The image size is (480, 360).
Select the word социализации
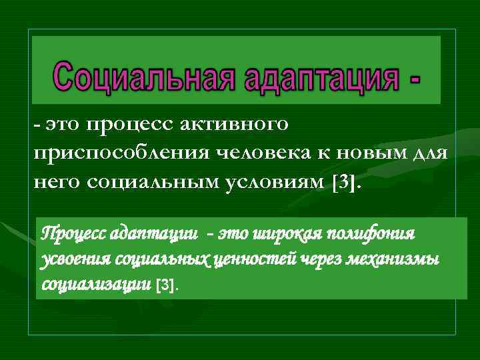tap(96, 284)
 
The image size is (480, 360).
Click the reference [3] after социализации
tap(167, 285)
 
